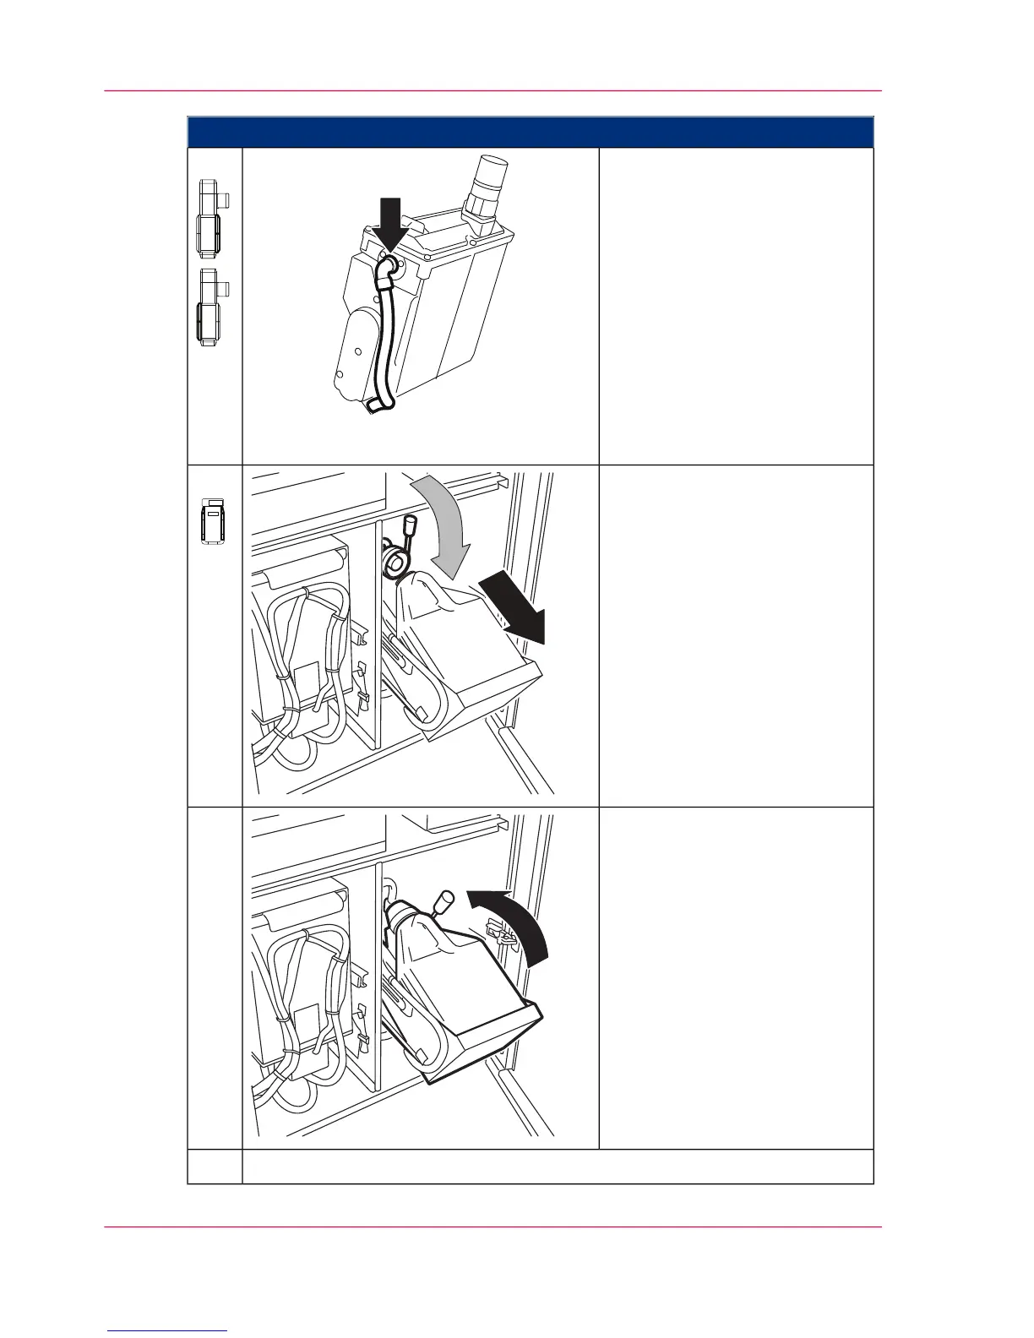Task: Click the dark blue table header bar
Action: pos(530,133)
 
